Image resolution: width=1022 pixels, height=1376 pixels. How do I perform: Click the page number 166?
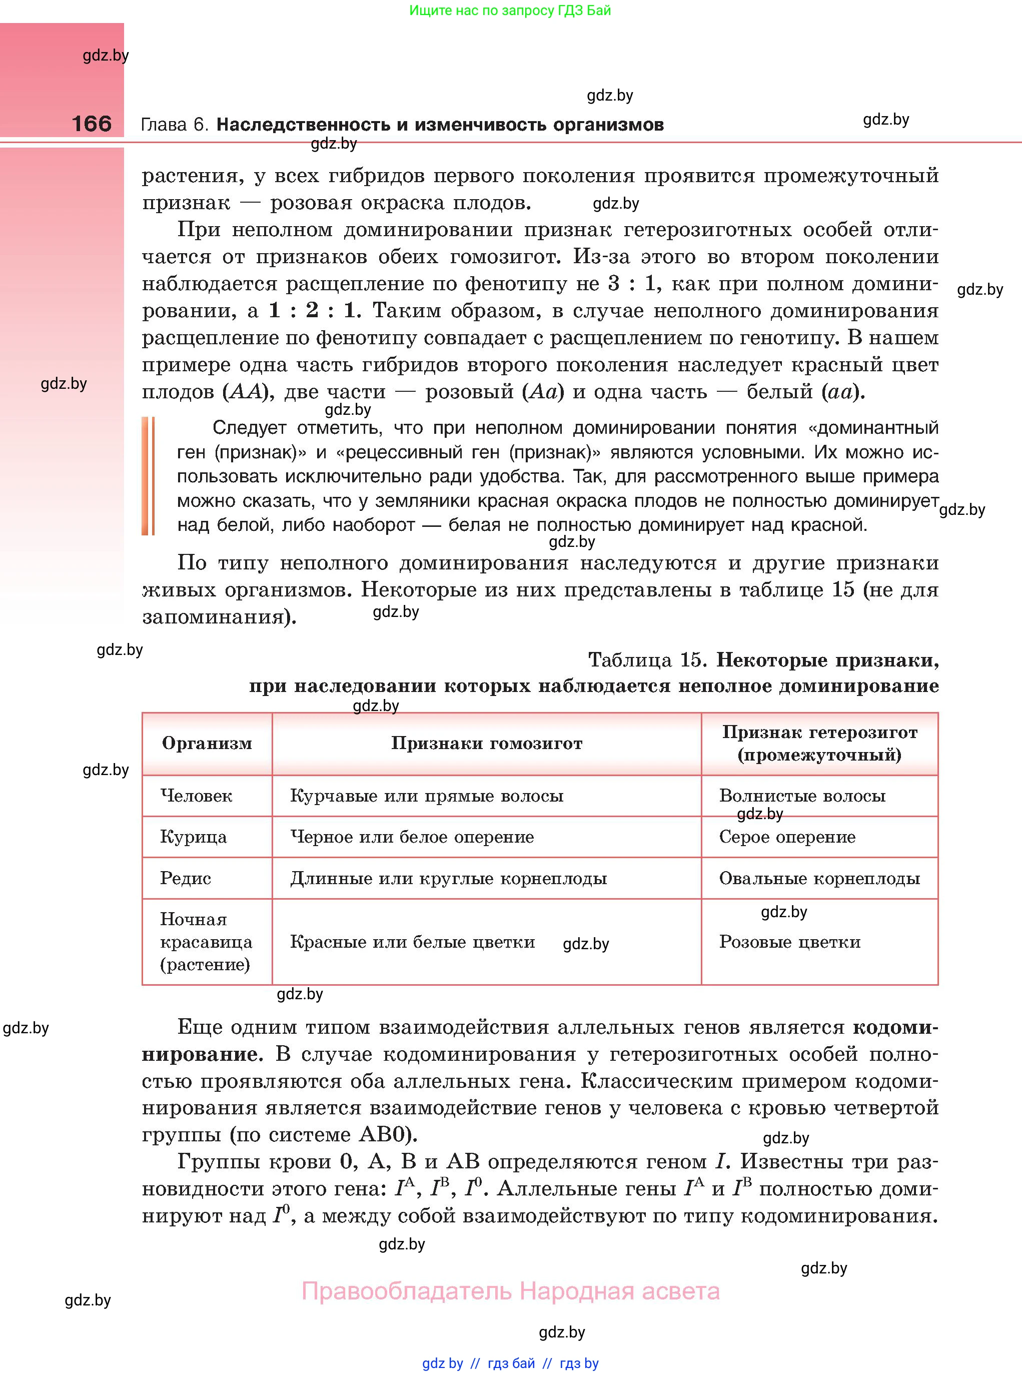[92, 124]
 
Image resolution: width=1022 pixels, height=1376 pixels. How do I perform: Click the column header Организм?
[207, 743]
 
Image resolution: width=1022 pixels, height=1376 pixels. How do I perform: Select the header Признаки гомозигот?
[486, 743]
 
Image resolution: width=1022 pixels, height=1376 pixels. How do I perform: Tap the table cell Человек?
[196, 796]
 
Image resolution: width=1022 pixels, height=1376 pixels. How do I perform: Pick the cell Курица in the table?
[193, 837]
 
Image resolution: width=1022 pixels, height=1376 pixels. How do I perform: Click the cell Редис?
[186, 878]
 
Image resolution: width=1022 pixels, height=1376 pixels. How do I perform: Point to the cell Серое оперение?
[787, 837]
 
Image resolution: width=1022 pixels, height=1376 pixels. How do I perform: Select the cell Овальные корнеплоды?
[819, 878]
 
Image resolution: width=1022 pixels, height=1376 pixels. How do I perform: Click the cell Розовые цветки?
[789, 942]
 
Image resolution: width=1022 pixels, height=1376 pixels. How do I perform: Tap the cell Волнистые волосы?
[802, 796]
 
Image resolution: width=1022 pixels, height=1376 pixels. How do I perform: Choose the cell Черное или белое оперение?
[412, 837]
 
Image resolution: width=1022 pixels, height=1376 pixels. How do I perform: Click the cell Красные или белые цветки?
[412, 942]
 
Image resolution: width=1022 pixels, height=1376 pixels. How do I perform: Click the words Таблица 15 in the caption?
[646, 660]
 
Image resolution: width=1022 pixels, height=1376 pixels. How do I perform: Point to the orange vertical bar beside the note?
[148, 476]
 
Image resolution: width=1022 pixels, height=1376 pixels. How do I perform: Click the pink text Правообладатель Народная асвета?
[510, 1292]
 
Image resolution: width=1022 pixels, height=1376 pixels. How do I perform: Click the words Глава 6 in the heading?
[175, 125]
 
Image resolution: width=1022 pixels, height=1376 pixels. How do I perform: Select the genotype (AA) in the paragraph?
[248, 392]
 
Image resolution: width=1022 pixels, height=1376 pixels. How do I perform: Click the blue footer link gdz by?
[442, 1363]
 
